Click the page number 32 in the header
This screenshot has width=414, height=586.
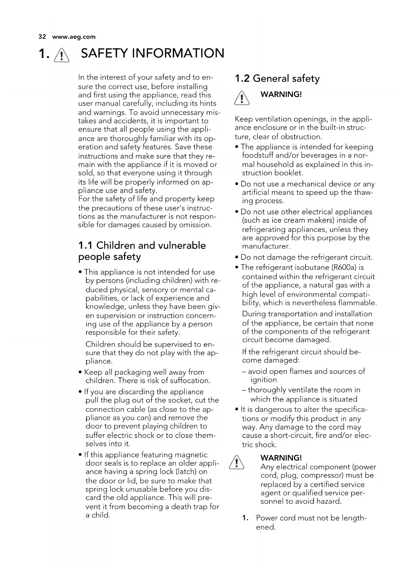(x=42, y=37)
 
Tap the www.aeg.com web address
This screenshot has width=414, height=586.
(x=74, y=37)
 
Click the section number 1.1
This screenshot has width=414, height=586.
(x=85, y=246)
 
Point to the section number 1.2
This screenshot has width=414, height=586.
(x=242, y=79)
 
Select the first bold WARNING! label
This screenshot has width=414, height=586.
(x=281, y=94)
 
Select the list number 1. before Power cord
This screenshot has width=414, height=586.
(x=246, y=518)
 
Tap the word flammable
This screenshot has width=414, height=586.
(x=357, y=303)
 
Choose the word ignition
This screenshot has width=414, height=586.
(x=264, y=380)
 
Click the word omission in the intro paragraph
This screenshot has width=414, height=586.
(x=195, y=225)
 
